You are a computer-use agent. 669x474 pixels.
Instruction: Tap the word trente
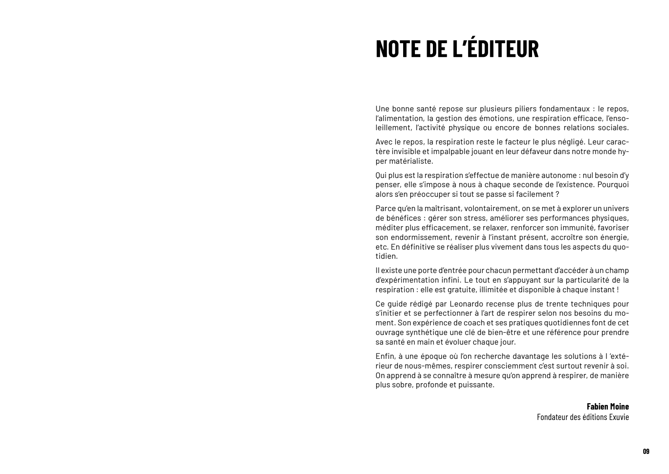click(x=568, y=304)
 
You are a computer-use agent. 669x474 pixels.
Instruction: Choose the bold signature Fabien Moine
click(x=607, y=407)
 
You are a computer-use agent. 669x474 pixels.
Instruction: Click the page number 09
click(x=646, y=451)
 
